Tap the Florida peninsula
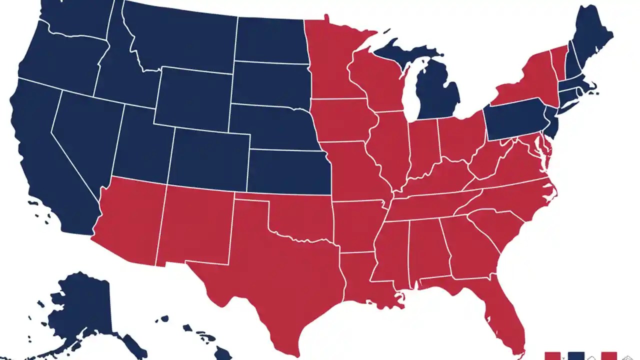click(505, 315)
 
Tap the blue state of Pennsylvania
click(515, 120)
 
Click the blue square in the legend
click(576, 356)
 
